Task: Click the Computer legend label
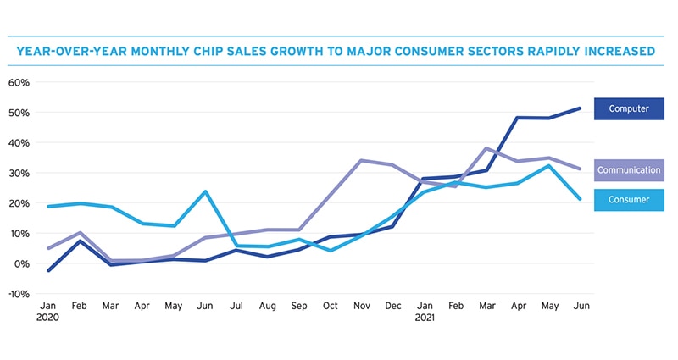tap(628, 108)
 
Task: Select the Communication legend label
tap(628, 170)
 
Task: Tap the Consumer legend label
tap(628, 200)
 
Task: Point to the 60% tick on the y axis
tap(19, 82)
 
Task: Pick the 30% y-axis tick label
tap(19, 173)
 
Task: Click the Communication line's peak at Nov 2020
tap(362, 160)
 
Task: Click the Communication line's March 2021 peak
tap(485, 148)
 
